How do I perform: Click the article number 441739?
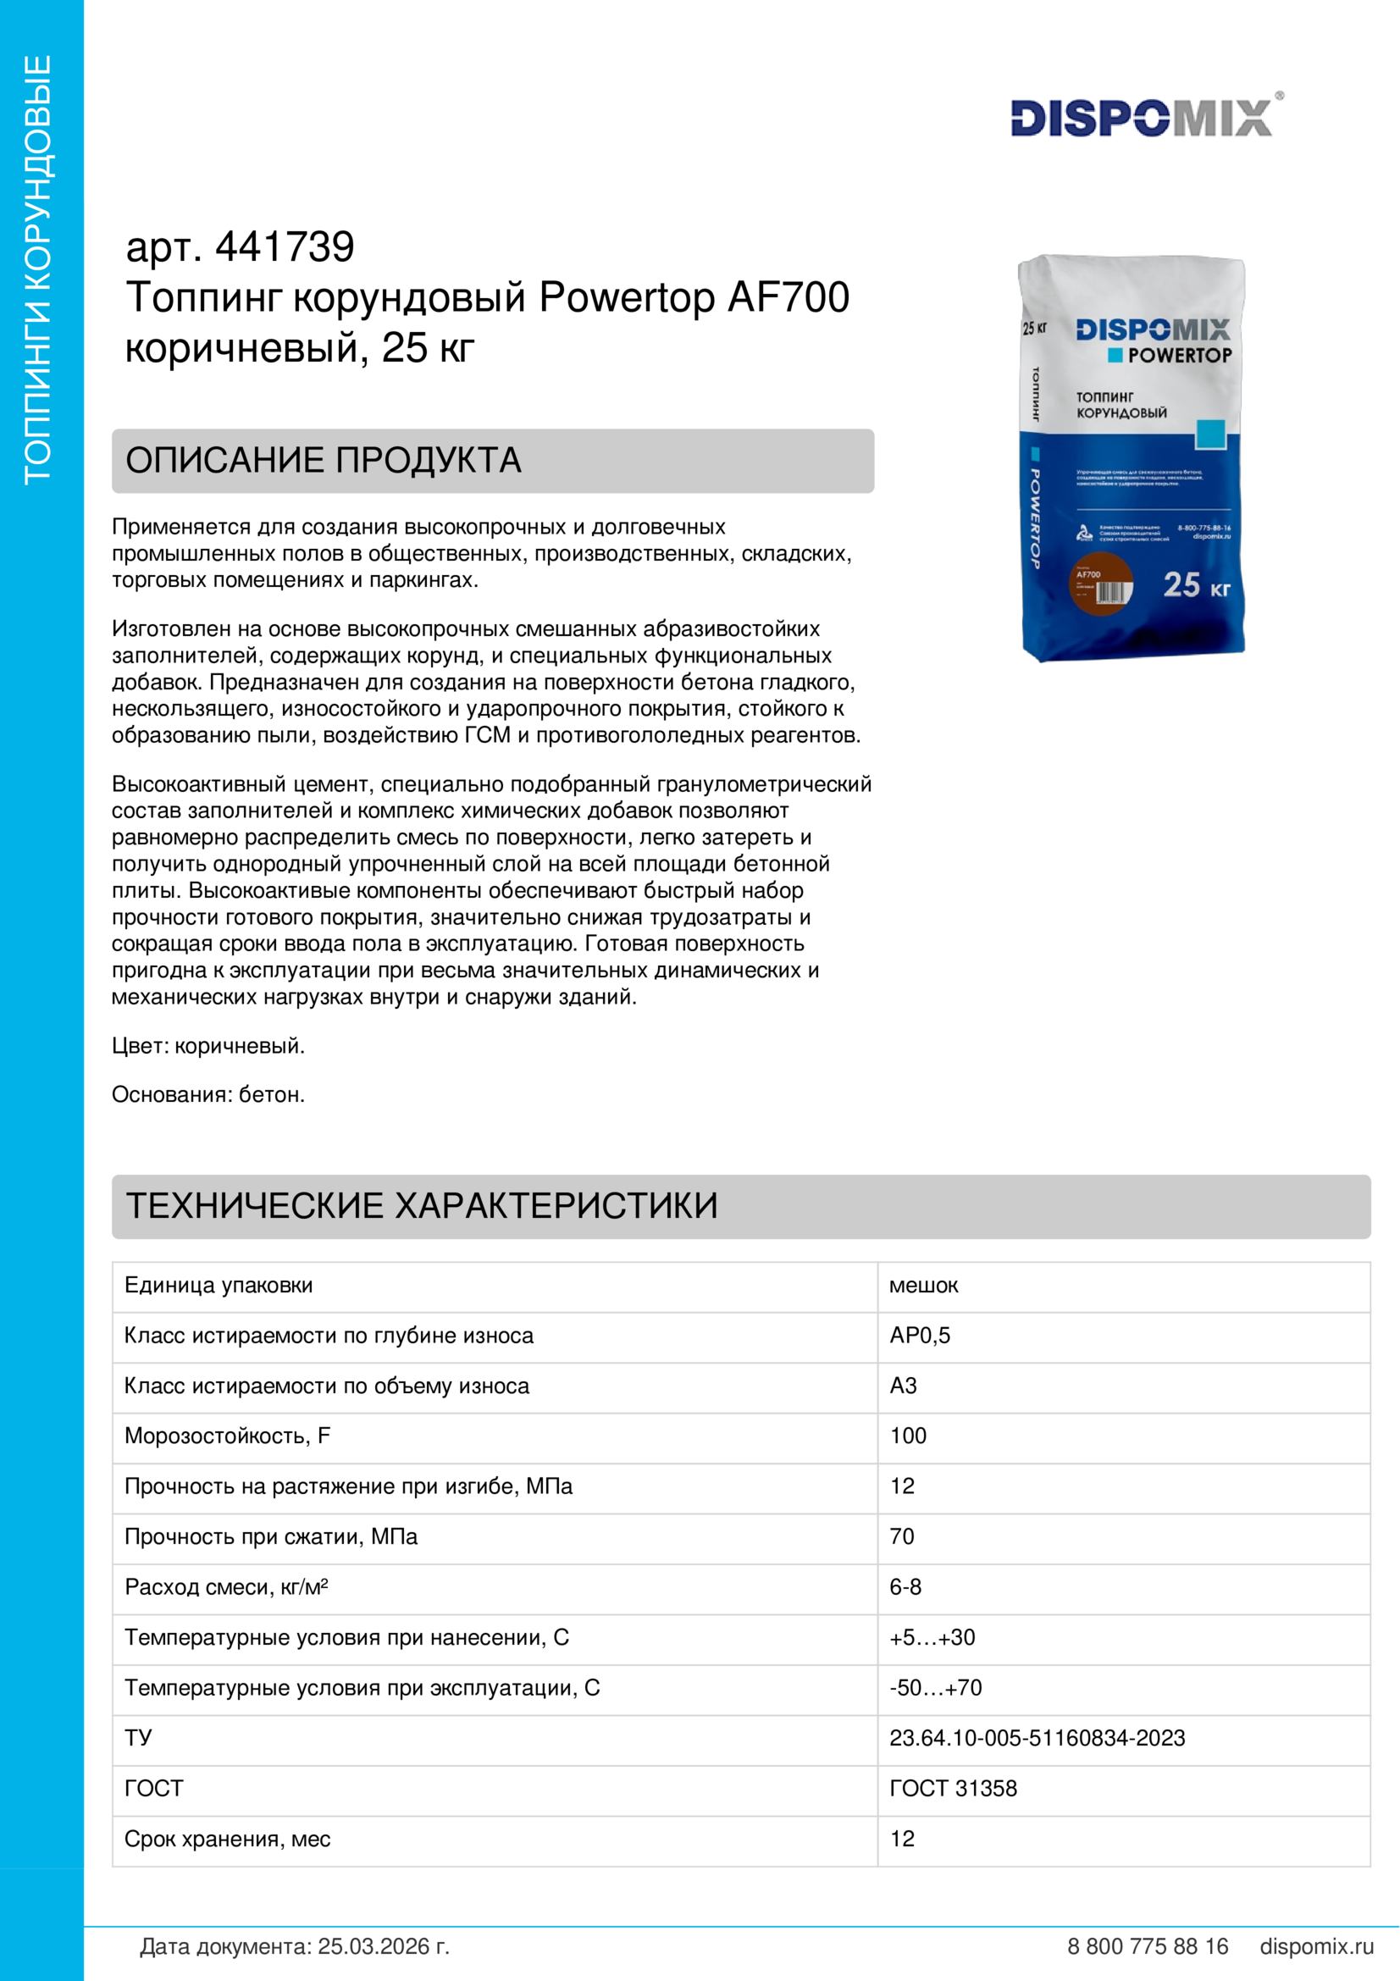coord(284,247)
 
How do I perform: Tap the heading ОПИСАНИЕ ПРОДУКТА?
coord(324,461)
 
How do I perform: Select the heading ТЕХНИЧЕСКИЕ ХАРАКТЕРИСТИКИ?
coord(422,1206)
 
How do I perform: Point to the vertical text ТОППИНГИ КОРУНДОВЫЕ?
coord(39,269)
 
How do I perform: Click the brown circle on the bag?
coord(1100,584)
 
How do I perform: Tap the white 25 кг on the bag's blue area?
coord(1196,586)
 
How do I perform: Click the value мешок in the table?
coord(923,1286)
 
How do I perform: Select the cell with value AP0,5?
coord(920,1336)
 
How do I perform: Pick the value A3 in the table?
coord(903,1386)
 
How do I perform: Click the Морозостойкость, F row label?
coord(227,1436)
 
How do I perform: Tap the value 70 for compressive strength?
coord(901,1536)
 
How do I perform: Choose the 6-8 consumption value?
coord(905,1586)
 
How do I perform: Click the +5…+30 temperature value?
coord(932,1638)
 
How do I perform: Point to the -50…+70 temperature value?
coord(935,1688)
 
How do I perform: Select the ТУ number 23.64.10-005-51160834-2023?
coord(1037,1738)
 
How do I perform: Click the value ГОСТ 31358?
coord(953,1789)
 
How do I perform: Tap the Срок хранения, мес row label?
coord(227,1839)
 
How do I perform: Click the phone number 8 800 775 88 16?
coord(1148,1946)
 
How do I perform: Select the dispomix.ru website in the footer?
coord(1316,1946)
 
